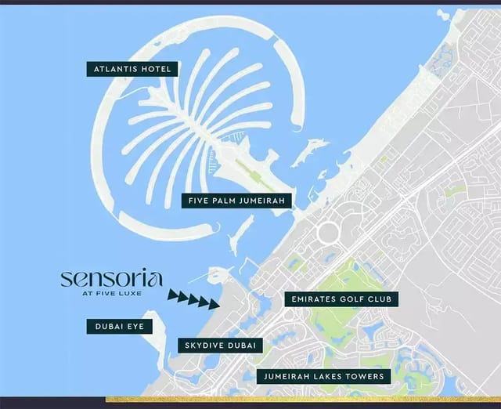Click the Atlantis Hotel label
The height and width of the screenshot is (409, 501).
pyautogui.click(x=132, y=69)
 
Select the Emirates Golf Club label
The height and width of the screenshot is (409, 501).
pyautogui.click(x=341, y=299)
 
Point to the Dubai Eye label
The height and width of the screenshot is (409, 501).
pyautogui.click(x=119, y=326)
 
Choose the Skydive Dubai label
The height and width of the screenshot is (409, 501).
pyautogui.click(x=220, y=345)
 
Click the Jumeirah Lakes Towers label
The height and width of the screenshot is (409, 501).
pyautogui.click(x=323, y=376)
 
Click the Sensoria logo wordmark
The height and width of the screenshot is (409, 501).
pyautogui.click(x=111, y=278)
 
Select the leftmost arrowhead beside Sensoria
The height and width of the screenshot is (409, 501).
pyautogui.click(x=172, y=295)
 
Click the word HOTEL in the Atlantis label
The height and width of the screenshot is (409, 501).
pyautogui.click(x=155, y=69)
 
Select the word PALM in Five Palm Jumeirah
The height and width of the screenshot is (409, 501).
pyautogui.click(x=231, y=201)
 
